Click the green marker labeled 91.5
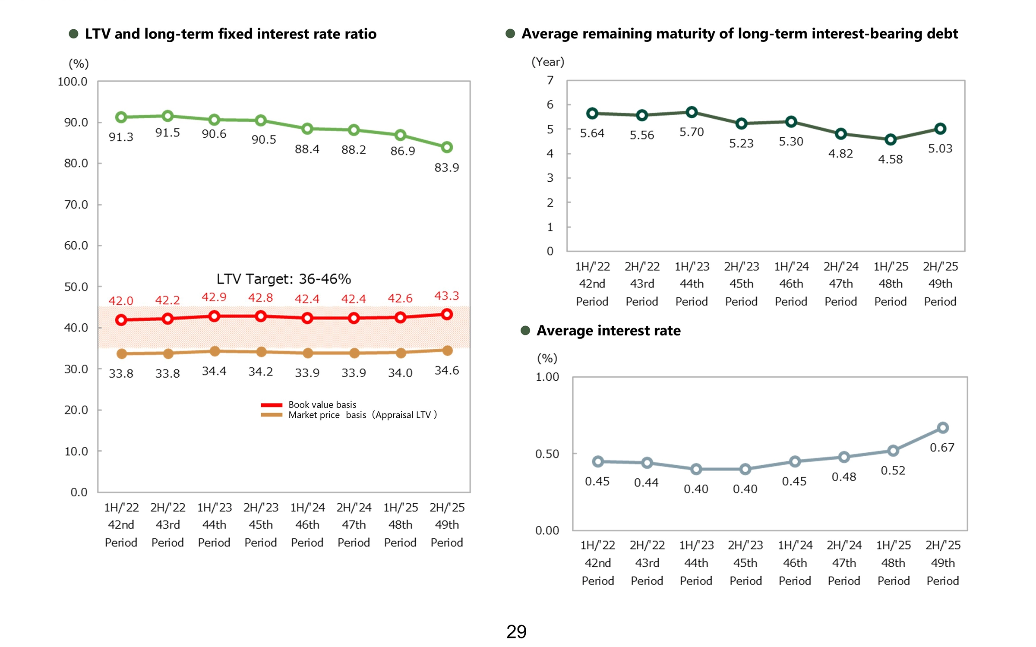(167, 116)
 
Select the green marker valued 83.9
(447, 147)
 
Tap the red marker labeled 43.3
(447, 314)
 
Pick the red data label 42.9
(214, 297)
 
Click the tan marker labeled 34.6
(447, 350)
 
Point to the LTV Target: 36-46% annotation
(284, 279)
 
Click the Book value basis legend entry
(322, 404)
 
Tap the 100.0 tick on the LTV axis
(73, 82)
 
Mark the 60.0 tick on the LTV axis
(76, 246)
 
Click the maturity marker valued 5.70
(692, 112)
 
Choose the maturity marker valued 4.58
(890, 139)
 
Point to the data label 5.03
(940, 148)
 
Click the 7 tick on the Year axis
(550, 80)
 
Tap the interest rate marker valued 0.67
(943, 428)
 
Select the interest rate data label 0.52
(893, 470)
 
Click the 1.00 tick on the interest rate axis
(547, 377)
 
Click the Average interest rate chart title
(608, 331)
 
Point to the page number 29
(516, 631)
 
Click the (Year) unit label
(548, 62)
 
